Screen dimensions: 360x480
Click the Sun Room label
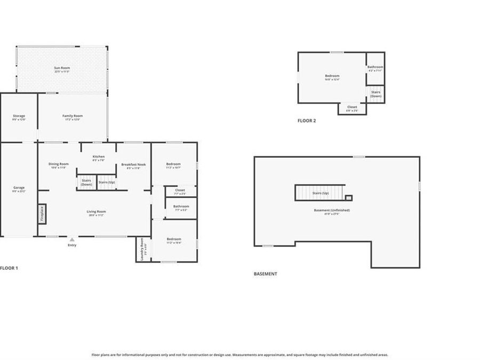[x=62, y=69]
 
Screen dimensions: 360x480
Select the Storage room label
[x=19, y=117]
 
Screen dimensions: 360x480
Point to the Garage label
[x=19, y=189]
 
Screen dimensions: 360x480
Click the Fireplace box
[x=42, y=214]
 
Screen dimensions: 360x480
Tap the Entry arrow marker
[x=72, y=240]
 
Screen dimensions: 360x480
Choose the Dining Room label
[x=59, y=165]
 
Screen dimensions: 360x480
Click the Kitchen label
[x=98, y=157]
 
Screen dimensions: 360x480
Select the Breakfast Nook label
[x=133, y=165]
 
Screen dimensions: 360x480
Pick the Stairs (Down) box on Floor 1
[x=86, y=182]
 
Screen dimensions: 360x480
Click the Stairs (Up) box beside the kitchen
[x=107, y=182]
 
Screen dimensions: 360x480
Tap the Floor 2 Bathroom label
[x=375, y=68]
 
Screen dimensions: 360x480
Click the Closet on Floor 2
[x=352, y=108]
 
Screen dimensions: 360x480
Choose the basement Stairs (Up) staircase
[x=320, y=193]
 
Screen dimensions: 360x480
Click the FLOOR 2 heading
[x=307, y=121]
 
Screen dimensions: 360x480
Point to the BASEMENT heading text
[x=265, y=274]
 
